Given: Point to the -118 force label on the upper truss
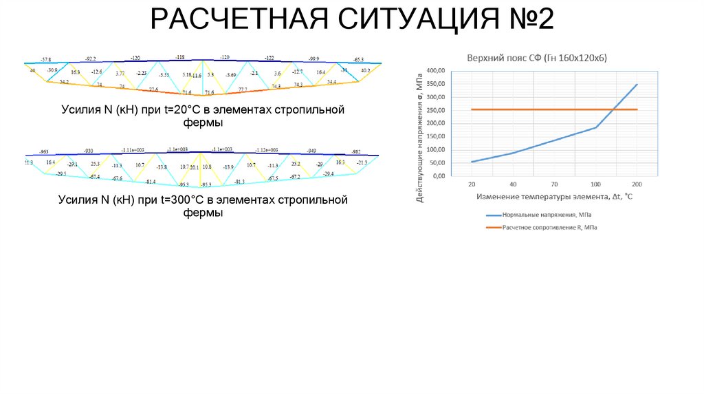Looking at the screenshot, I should click(180, 57).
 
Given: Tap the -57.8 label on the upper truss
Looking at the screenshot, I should click(45, 61).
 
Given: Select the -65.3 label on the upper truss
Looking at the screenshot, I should click(358, 60).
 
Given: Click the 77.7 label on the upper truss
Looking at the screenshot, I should click(243, 89).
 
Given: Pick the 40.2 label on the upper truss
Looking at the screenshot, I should click(366, 70).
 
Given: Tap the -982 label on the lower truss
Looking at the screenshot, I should click(356, 151).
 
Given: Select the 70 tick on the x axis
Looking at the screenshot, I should click(554, 184).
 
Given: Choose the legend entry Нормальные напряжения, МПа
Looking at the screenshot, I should click(541, 215).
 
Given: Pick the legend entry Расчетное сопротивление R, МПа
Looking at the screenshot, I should click(549, 227).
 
